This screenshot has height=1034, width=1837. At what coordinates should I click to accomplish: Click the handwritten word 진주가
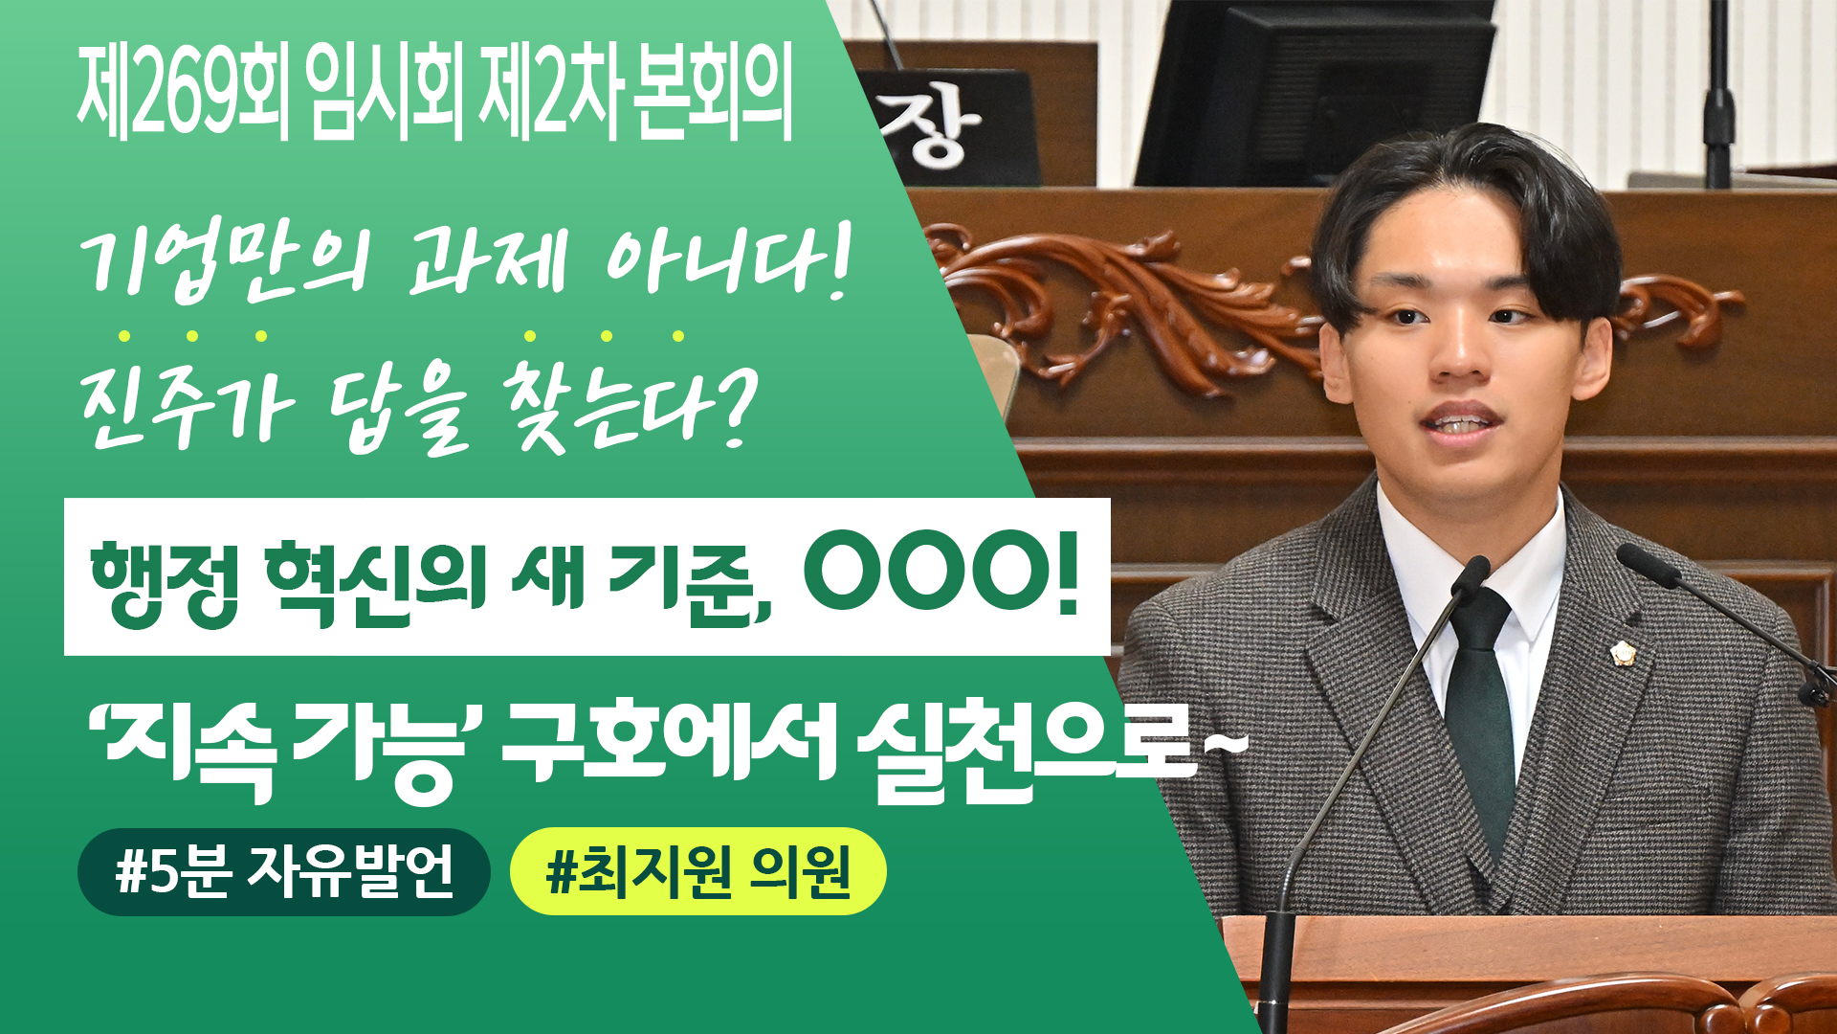(x=187, y=407)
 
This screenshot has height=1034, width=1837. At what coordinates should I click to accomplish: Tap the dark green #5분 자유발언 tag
(x=283, y=871)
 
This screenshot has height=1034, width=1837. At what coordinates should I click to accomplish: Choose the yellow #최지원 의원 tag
(x=697, y=871)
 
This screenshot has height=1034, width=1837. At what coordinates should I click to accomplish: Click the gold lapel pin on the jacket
(x=1623, y=653)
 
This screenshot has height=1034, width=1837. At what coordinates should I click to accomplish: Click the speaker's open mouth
(x=1458, y=422)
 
